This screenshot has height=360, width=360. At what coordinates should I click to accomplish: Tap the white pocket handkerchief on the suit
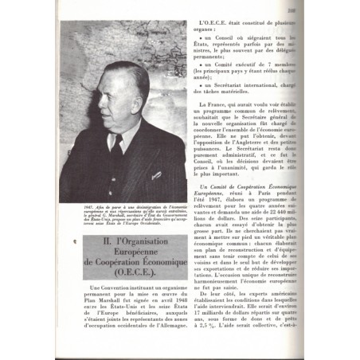(x=157, y=174)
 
